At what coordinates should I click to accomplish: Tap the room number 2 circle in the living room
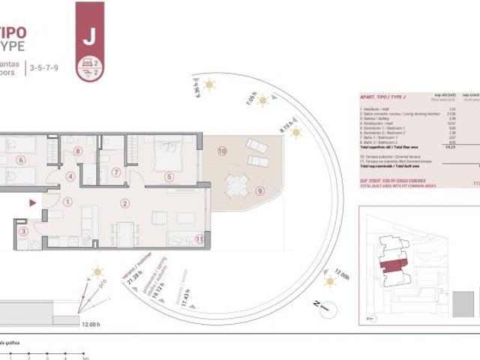click(125, 203)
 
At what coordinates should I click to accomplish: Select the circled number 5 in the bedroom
click(169, 177)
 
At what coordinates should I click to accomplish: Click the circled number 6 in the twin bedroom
click(20, 159)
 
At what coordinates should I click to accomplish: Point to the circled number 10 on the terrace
click(222, 151)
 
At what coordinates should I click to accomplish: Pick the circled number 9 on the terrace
click(260, 190)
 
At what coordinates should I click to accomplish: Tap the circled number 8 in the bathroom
click(78, 151)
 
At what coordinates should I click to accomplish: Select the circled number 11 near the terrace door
click(199, 239)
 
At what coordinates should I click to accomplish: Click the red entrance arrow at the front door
click(31, 202)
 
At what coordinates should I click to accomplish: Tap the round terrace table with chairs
click(236, 184)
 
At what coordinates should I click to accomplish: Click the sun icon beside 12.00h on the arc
click(328, 282)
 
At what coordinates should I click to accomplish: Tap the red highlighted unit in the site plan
click(391, 267)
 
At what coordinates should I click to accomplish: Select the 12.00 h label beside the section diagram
click(88, 323)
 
